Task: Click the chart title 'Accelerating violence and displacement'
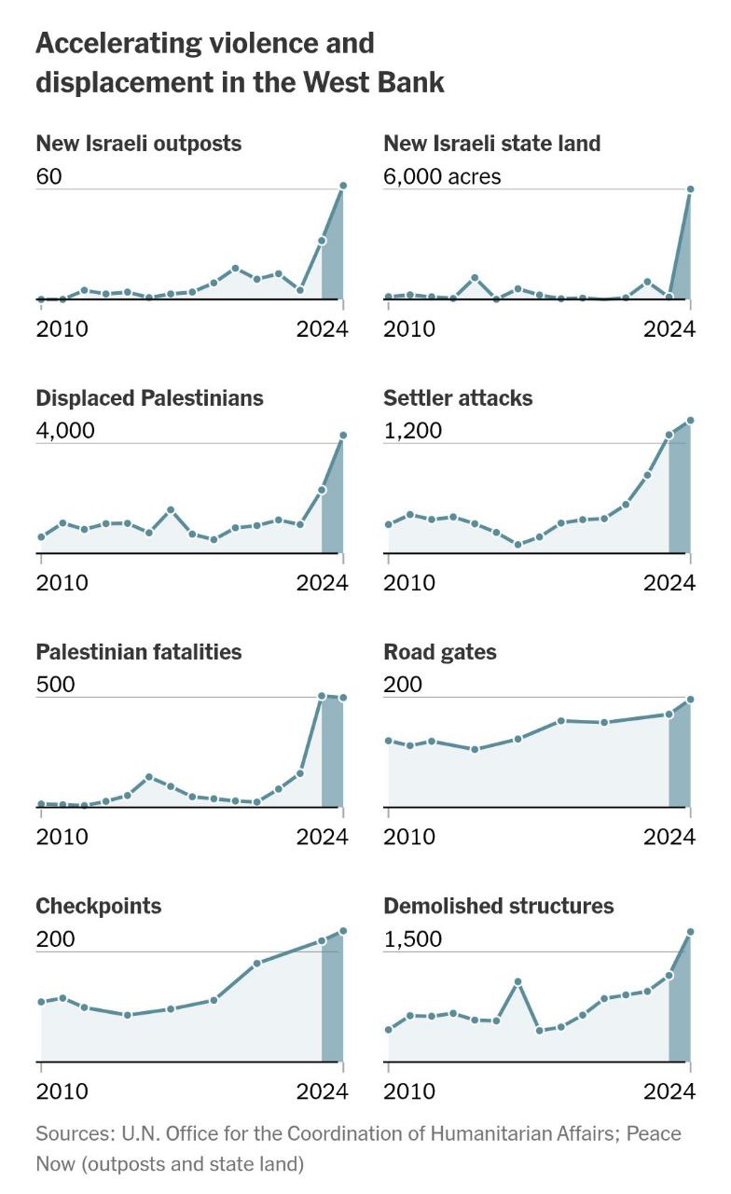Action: [240, 62]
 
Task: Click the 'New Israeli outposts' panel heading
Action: [138, 144]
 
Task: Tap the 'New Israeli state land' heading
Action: [491, 144]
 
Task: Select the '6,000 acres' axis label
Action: [442, 175]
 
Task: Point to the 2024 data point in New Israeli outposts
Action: [343, 186]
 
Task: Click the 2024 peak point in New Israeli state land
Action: [690, 189]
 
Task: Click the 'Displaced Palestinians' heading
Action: [149, 398]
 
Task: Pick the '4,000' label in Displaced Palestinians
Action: [65, 430]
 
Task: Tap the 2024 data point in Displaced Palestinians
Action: [343, 436]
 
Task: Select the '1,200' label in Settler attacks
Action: [412, 430]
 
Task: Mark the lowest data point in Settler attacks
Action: [518, 544]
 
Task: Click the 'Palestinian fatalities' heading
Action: [138, 652]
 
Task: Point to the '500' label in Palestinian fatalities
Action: [54, 685]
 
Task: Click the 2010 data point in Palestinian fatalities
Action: [41, 803]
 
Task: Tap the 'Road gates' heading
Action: [440, 652]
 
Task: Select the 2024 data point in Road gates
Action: [690, 700]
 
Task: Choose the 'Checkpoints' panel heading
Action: [98, 907]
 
